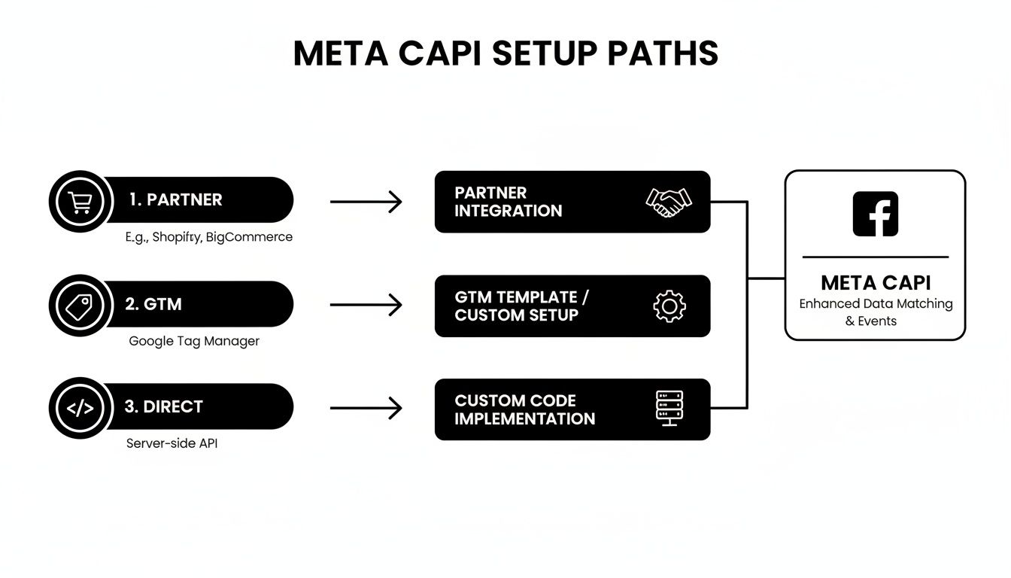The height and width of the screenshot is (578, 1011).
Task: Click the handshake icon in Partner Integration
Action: pos(669,202)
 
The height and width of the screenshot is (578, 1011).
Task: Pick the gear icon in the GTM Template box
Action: pos(669,306)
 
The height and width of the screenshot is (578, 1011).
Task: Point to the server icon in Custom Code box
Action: pos(669,408)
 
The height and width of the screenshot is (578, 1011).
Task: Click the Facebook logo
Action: pos(875,214)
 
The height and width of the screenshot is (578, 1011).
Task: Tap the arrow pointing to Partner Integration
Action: pos(366,202)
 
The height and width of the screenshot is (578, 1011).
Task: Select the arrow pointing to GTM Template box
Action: pos(366,306)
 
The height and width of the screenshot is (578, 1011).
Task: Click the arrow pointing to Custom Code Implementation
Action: pos(366,409)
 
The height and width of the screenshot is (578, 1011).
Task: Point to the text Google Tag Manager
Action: pos(194,341)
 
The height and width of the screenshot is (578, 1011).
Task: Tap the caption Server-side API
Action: pos(172,444)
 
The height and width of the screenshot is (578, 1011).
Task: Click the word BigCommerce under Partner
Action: pos(250,237)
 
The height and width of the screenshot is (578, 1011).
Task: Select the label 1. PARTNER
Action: pos(175,200)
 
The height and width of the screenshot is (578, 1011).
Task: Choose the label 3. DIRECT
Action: pos(163,407)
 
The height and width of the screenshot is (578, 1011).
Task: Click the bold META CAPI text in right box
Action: pos(876,283)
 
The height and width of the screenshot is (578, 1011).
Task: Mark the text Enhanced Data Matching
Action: pos(876,304)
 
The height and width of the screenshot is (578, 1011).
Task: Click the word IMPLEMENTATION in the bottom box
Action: pos(524,419)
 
